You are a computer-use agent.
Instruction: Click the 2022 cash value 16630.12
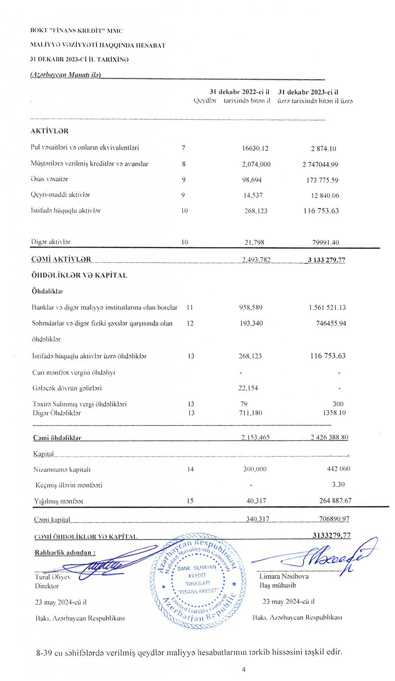[255, 149]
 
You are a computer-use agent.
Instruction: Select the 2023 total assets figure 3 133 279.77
[326, 260]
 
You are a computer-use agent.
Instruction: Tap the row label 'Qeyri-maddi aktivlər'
[60, 195]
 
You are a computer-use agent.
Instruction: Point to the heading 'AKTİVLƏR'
[49, 131]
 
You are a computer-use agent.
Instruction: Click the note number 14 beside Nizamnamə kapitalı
[190, 469]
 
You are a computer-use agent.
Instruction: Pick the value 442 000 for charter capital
[339, 469]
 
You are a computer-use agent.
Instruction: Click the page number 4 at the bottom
[244, 669]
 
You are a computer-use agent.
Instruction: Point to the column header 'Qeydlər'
[205, 101]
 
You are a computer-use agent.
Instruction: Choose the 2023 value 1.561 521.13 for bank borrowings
[327, 307]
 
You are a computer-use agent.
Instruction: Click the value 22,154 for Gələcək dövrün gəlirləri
[248, 388]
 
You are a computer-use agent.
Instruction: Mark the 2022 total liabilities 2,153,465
[255, 438]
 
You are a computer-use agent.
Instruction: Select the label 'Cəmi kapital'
[52, 519]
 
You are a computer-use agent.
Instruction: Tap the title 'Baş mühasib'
[277, 585]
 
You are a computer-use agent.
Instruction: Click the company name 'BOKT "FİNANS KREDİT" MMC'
[77, 30]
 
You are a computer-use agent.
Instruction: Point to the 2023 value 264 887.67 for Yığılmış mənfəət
[335, 500]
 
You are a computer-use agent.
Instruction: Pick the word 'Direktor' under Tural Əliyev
[47, 586]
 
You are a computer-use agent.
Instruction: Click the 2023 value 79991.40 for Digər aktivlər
[325, 243]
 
